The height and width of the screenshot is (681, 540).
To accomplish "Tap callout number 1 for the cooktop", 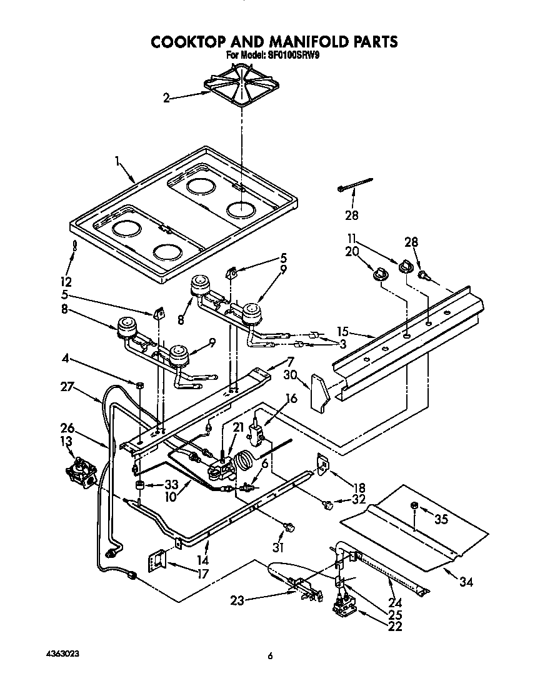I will tap(117, 161).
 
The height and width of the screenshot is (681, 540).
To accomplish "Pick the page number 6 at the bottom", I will tap(270, 655).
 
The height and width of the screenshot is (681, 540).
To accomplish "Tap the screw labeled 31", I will tap(289, 529).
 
